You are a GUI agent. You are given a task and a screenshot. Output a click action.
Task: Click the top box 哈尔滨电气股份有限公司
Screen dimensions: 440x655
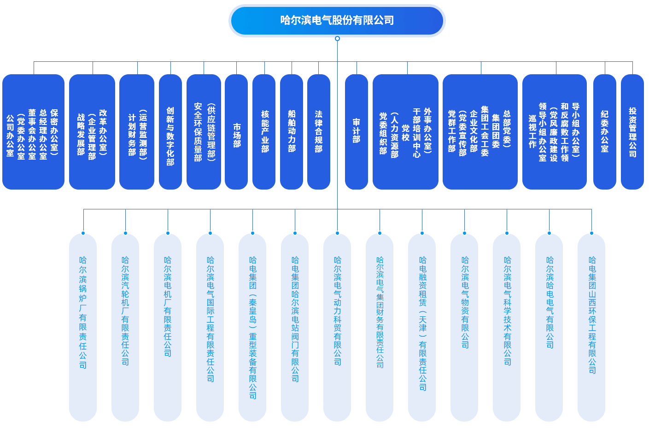(x=337, y=21)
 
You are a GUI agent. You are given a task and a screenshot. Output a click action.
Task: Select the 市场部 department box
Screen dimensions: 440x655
(x=236, y=132)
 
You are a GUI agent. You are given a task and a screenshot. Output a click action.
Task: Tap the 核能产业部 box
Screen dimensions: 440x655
(x=264, y=132)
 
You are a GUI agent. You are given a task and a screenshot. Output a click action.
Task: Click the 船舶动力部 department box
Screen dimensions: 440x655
(x=292, y=132)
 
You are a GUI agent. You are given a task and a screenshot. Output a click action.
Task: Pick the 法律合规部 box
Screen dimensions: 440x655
(x=319, y=132)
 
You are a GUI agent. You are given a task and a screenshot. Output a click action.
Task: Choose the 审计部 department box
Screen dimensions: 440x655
(x=357, y=132)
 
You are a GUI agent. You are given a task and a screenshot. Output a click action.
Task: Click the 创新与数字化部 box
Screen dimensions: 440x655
(x=170, y=132)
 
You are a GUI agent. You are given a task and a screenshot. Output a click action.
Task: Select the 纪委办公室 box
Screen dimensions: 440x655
(x=605, y=132)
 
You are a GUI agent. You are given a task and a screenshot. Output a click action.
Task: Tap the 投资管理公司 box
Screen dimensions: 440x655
(x=632, y=132)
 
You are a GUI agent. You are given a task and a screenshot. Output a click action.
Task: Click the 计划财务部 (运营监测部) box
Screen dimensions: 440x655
(x=137, y=132)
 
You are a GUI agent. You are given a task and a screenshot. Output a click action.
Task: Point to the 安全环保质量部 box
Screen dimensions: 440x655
(x=204, y=132)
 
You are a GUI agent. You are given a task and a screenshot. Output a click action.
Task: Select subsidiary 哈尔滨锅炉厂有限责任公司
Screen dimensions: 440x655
(x=83, y=327)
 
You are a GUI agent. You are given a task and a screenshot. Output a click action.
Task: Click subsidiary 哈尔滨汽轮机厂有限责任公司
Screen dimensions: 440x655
(x=125, y=327)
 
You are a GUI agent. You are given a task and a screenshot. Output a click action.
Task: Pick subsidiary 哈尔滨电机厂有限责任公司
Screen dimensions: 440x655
(x=168, y=327)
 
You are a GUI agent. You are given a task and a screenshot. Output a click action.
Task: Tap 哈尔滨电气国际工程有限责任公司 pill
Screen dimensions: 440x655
(x=210, y=327)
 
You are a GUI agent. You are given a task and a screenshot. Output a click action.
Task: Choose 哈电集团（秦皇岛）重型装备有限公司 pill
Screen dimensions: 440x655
(x=252, y=327)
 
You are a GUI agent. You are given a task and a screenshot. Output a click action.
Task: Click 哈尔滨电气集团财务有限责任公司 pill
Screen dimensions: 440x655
(x=380, y=327)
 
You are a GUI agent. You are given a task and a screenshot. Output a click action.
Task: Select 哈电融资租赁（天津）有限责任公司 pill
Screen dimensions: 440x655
(x=422, y=327)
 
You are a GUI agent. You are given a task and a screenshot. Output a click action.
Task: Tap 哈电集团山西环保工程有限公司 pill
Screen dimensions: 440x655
(x=591, y=327)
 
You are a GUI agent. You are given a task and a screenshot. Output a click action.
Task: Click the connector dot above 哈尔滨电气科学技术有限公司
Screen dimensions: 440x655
(x=507, y=233)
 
